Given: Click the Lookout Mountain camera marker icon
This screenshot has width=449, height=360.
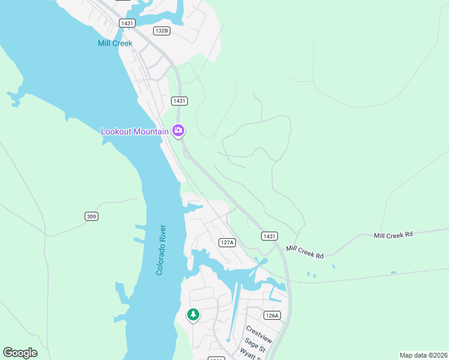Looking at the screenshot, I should pyautogui.click(x=178, y=130).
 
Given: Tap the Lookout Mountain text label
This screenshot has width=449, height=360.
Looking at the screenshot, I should pyautogui.click(x=135, y=131).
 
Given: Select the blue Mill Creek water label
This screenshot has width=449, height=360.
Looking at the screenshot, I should pyautogui.click(x=115, y=43).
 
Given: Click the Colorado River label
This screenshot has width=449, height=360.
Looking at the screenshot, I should pyautogui.click(x=160, y=250).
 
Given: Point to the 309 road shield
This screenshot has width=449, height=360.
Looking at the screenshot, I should pyautogui.click(x=91, y=216).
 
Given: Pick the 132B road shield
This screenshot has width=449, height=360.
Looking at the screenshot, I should pyautogui.click(x=161, y=31).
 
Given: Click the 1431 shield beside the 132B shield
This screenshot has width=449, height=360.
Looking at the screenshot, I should pyautogui.click(x=127, y=23).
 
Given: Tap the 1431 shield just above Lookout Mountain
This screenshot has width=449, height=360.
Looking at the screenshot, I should pyautogui.click(x=179, y=101).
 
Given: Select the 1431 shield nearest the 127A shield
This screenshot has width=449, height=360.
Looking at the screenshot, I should pyautogui.click(x=270, y=236).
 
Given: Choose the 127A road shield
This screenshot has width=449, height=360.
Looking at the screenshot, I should pyautogui.click(x=226, y=242).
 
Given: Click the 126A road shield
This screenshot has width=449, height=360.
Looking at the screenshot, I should pyautogui.click(x=272, y=315).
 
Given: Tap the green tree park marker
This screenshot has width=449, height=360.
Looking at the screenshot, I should pyautogui.click(x=193, y=314).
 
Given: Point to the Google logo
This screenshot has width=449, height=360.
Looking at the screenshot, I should pyautogui.click(x=20, y=353).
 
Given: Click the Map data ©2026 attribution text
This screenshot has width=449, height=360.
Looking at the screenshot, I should pyautogui.click(x=423, y=355).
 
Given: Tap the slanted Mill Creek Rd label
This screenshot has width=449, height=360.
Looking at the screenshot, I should pyautogui.click(x=305, y=252).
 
